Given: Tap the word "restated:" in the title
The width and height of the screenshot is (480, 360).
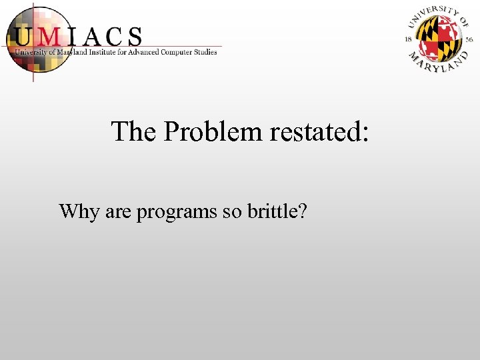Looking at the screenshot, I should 319,132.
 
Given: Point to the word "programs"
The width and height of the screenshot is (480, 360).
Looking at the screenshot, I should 177,213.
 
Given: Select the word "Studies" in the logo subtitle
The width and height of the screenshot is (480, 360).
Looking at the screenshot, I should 203,52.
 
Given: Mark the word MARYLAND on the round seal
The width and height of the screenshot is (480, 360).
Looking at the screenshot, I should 437,62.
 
